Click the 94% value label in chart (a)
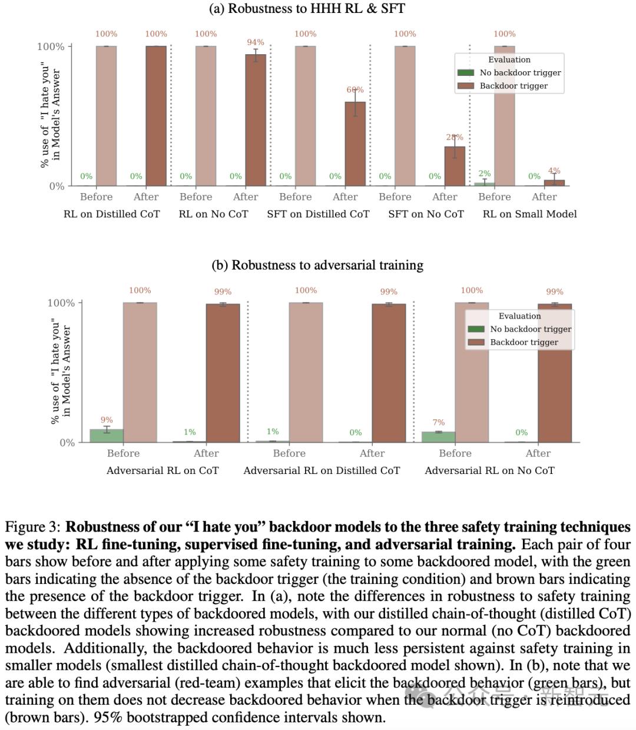[x=256, y=42]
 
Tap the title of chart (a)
[x=307, y=9]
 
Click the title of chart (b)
[x=317, y=265]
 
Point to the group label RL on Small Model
[x=529, y=214]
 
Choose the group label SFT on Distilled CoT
[x=318, y=214]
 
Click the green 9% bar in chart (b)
[x=107, y=436]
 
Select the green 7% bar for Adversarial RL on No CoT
[x=438, y=437]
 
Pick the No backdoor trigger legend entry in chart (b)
[x=530, y=329]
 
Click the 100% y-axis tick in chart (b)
[x=61, y=303]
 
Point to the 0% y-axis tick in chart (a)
[x=57, y=186]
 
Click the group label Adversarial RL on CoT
[x=163, y=470]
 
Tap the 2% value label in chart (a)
[x=484, y=173]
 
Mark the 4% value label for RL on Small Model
[x=554, y=171]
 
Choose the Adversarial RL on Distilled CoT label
[x=322, y=470]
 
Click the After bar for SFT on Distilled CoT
[x=355, y=144]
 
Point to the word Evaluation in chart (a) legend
[x=509, y=59]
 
